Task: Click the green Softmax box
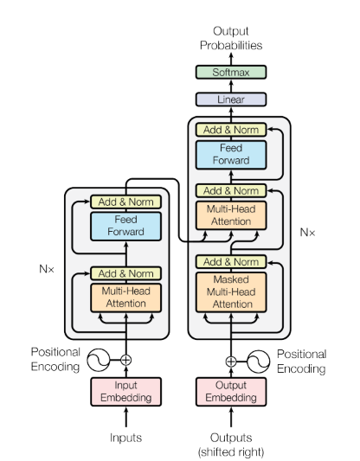pyautogui.click(x=231, y=72)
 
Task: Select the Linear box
pyautogui.click(x=231, y=99)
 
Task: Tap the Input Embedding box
pyautogui.click(x=125, y=392)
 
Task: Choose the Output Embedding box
pyautogui.click(x=231, y=392)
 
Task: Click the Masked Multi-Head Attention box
pyautogui.click(x=231, y=292)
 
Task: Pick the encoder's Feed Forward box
pyautogui.click(x=125, y=226)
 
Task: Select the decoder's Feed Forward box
pyautogui.click(x=231, y=155)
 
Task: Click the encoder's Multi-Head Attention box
pyautogui.click(x=125, y=298)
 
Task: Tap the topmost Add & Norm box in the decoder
pyautogui.click(x=231, y=130)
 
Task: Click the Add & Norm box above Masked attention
pyautogui.click(x=231, y=262)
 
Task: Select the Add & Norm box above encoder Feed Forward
pyautogui.click(x=125, y=202)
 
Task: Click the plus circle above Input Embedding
pyautogui.click(x=125, y=360)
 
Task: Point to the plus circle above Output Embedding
pyautogui.click(x=231, y=362)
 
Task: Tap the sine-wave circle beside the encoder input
pyautogui.click(x=99, y=360)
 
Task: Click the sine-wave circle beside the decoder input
pyautogui.click(x=258, y=362)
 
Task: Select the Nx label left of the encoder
pyautogui.click(x=47, y=269)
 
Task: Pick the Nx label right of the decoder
pyautogui.click(x=307, y=233)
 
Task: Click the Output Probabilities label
pyautogui.click(x=231, y=38)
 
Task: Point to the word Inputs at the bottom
pyautogui.click(x=125, y=438)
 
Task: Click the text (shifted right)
pyautogui.click(x=231, y=451)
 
